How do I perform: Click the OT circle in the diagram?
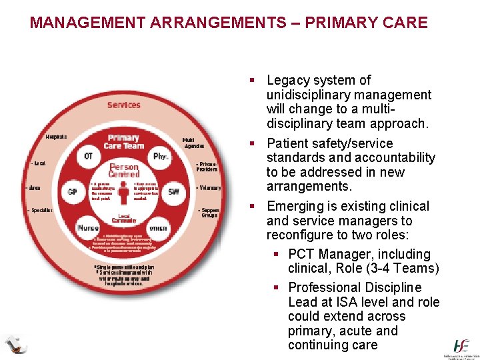click(x=88, y=157)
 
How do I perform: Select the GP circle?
click(x=73, y=192)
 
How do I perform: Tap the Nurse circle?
click(x=88, y=227)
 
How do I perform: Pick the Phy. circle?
click(x=159, y=157)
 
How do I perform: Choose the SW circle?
click(x=173, y=192)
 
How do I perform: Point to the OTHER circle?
click(x=158, y=228)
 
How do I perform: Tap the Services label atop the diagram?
click(x=124, y=105)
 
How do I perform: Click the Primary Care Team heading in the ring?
click(x=123, y=141)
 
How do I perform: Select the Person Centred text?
click(x=124, y=171)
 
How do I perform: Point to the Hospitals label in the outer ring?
click(x=56, y=137)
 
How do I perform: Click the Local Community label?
click(x=124, y=217)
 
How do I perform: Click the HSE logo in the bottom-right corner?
click(x=461, y=347)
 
